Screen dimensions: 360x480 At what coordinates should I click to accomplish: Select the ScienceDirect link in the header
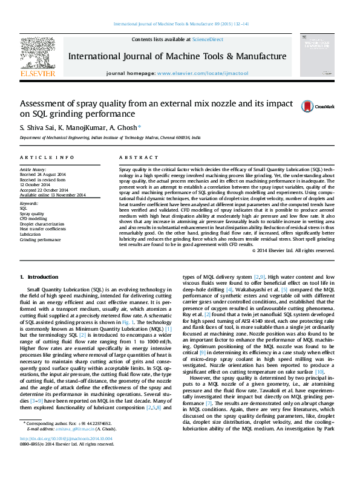pos(207,39)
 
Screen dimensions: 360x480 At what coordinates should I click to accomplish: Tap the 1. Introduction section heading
pos(39,277)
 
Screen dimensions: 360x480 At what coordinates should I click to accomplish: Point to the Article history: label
pos(33,170)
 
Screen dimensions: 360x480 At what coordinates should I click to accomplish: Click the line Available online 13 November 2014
pos(53,194)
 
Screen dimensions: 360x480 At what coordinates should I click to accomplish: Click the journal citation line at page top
pos(180,25)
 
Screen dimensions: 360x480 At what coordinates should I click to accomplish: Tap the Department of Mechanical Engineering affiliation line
pos(110,138)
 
